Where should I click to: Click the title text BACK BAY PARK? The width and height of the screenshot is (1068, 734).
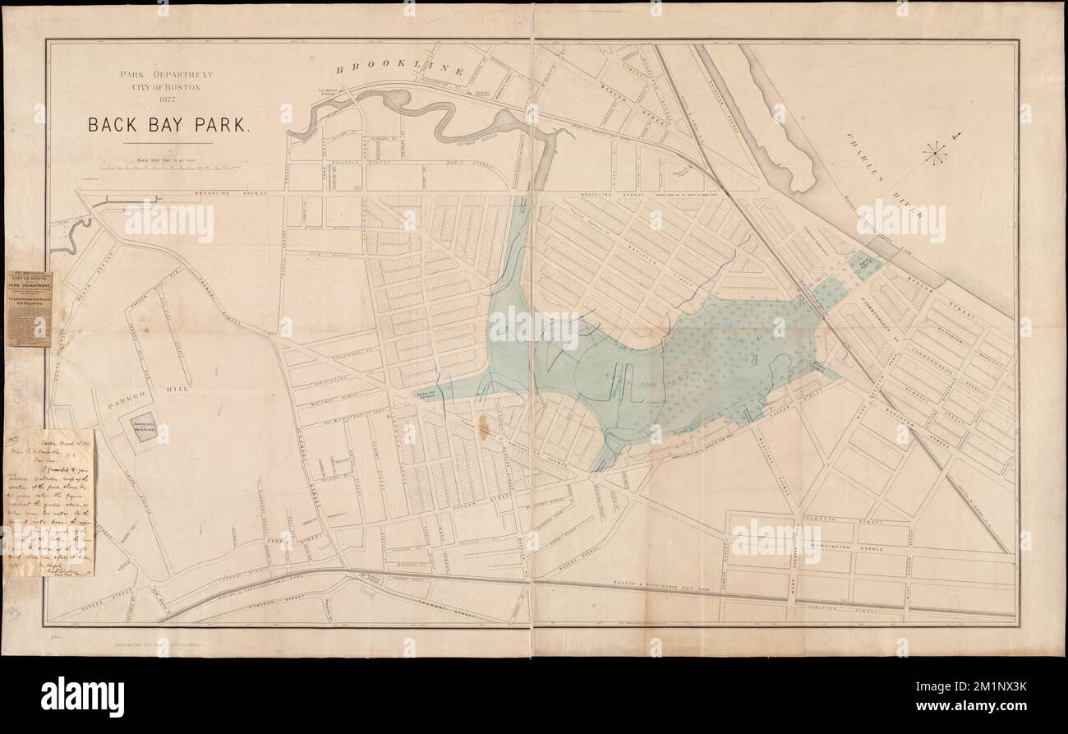(x=169, y=126)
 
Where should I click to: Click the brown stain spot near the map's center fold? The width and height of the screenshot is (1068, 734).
(x=485, y=428)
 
